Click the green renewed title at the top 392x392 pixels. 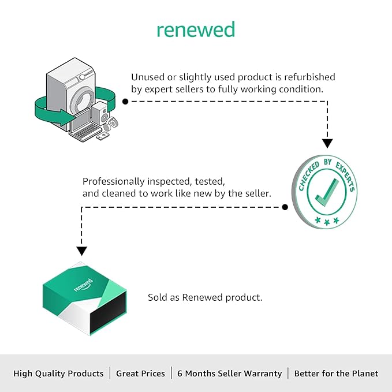point(196,29)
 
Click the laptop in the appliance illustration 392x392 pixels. point(84,125)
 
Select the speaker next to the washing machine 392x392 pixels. point(100,113)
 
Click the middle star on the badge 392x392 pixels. point(327,222)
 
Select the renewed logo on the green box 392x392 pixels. point(84,285)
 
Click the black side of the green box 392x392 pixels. point(108,313)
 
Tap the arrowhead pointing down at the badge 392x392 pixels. point(327,144)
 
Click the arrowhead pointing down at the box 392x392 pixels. point(81,251)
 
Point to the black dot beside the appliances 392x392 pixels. point(125,101)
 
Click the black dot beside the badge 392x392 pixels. point(285,207)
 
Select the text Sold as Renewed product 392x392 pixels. point(205,297)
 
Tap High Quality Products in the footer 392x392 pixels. point(58,374)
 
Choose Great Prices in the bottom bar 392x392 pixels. point(140,374)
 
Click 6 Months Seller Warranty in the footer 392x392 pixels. point(230,374)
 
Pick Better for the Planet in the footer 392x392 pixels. point(336,374)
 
